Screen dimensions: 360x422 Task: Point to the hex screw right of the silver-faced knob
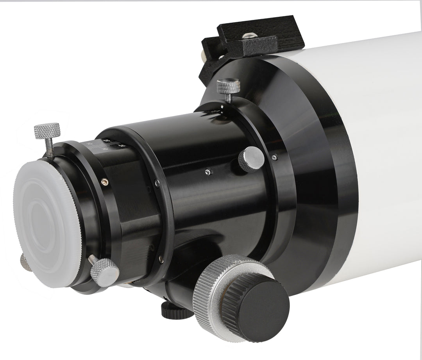click(275, 157)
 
